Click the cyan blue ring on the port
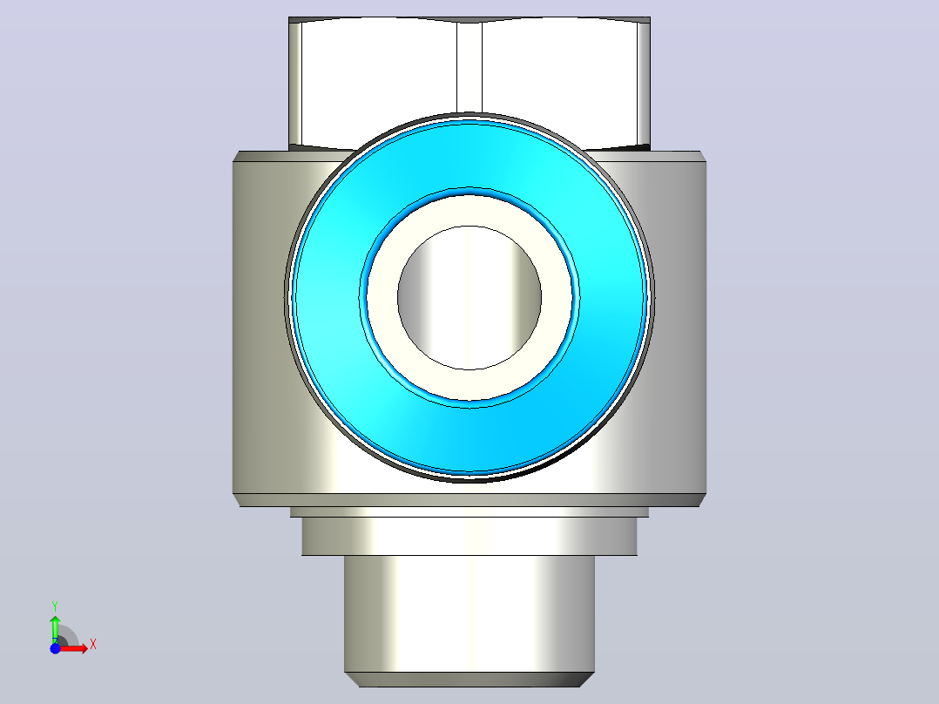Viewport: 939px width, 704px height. click(323, 298)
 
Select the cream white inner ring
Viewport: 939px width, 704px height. click(382, 298)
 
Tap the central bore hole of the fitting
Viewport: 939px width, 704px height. click(469, 298)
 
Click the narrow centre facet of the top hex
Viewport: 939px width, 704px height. click(469, 66)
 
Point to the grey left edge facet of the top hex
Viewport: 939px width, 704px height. click(294, 83)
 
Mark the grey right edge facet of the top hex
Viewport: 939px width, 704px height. click(645, 83)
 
